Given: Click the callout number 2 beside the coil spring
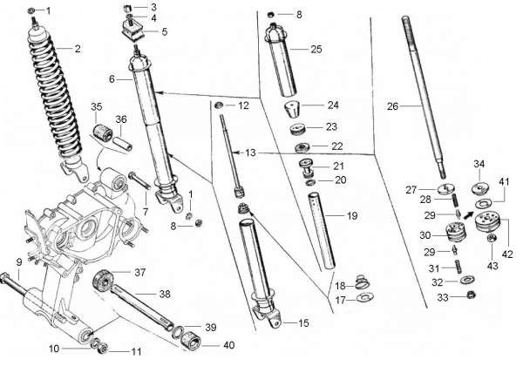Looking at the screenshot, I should pos(77,49).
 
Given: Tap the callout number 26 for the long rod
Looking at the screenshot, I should pos(392,107).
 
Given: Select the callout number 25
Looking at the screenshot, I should pos(316,50).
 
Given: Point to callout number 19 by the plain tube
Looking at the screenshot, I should pos(352,215).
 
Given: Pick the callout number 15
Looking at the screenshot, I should pos(302,323).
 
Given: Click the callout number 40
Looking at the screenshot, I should pos(229,345).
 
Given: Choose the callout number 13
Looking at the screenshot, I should pos(251,153).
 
